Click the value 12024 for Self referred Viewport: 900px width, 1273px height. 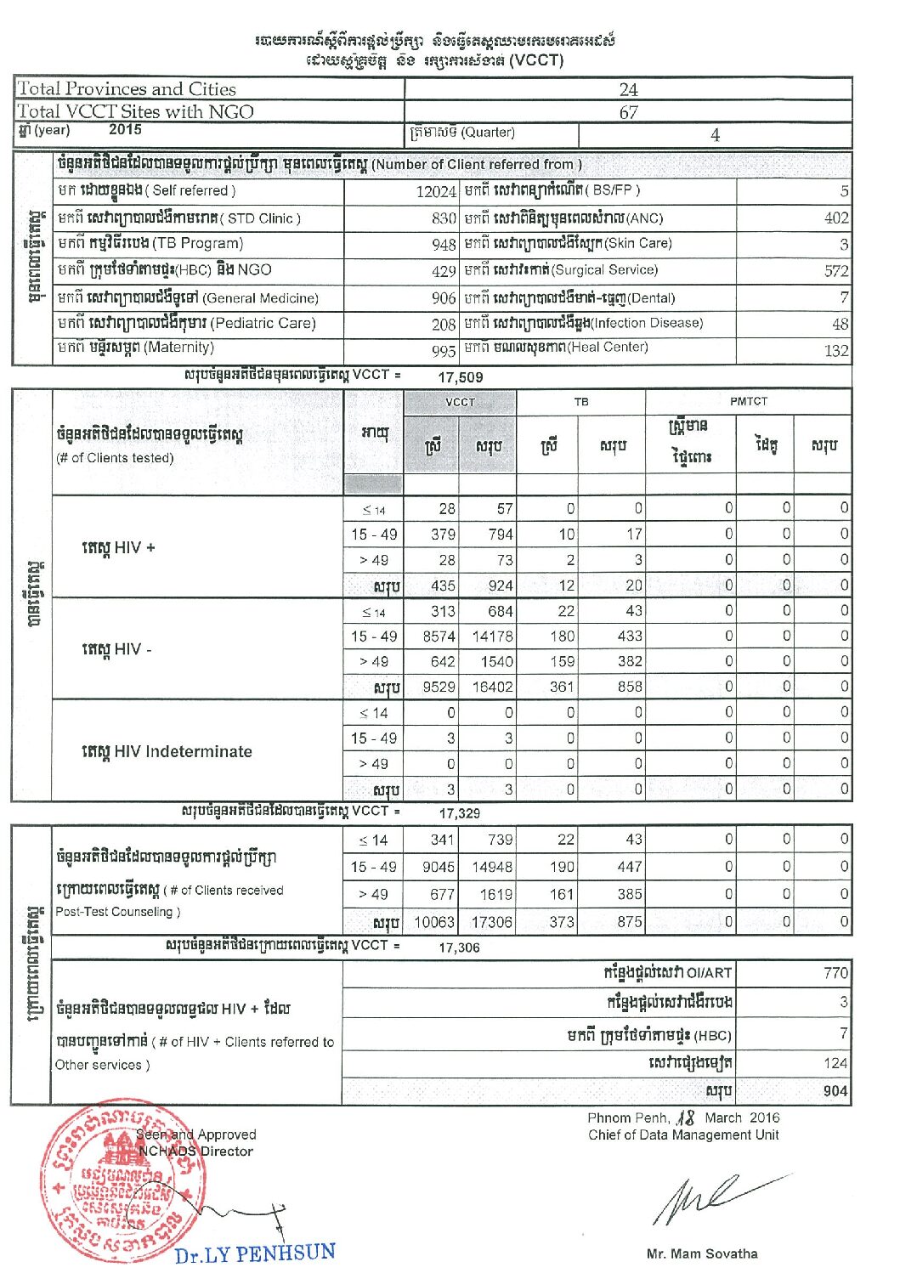tap(436, 192)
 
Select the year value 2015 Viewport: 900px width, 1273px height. tap(125, 130)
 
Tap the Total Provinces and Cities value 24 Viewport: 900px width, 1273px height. tap(628, 89)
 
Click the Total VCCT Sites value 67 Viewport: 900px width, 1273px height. tap(628, 112)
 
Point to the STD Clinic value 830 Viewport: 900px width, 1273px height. tap(444, 218)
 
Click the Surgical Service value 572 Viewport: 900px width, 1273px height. tap(835, 271)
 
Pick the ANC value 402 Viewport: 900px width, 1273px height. tap(835, 218)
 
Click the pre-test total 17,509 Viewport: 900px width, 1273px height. tap(461, 377)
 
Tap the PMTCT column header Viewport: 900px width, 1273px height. tap(748, 401)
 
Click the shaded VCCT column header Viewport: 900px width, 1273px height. tap(460, 402)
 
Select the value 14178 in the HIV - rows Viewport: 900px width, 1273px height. tap(492, 636)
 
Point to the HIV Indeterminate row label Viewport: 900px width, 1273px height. tap(167, 751)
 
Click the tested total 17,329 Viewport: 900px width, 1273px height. tap(459, 813)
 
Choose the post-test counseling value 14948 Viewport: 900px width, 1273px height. tap(492, 867)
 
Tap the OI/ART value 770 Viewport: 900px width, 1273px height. tap(835, 974)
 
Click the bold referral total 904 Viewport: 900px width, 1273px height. tap(835, 1091)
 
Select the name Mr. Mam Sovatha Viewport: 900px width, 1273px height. tap(701, 1253)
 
